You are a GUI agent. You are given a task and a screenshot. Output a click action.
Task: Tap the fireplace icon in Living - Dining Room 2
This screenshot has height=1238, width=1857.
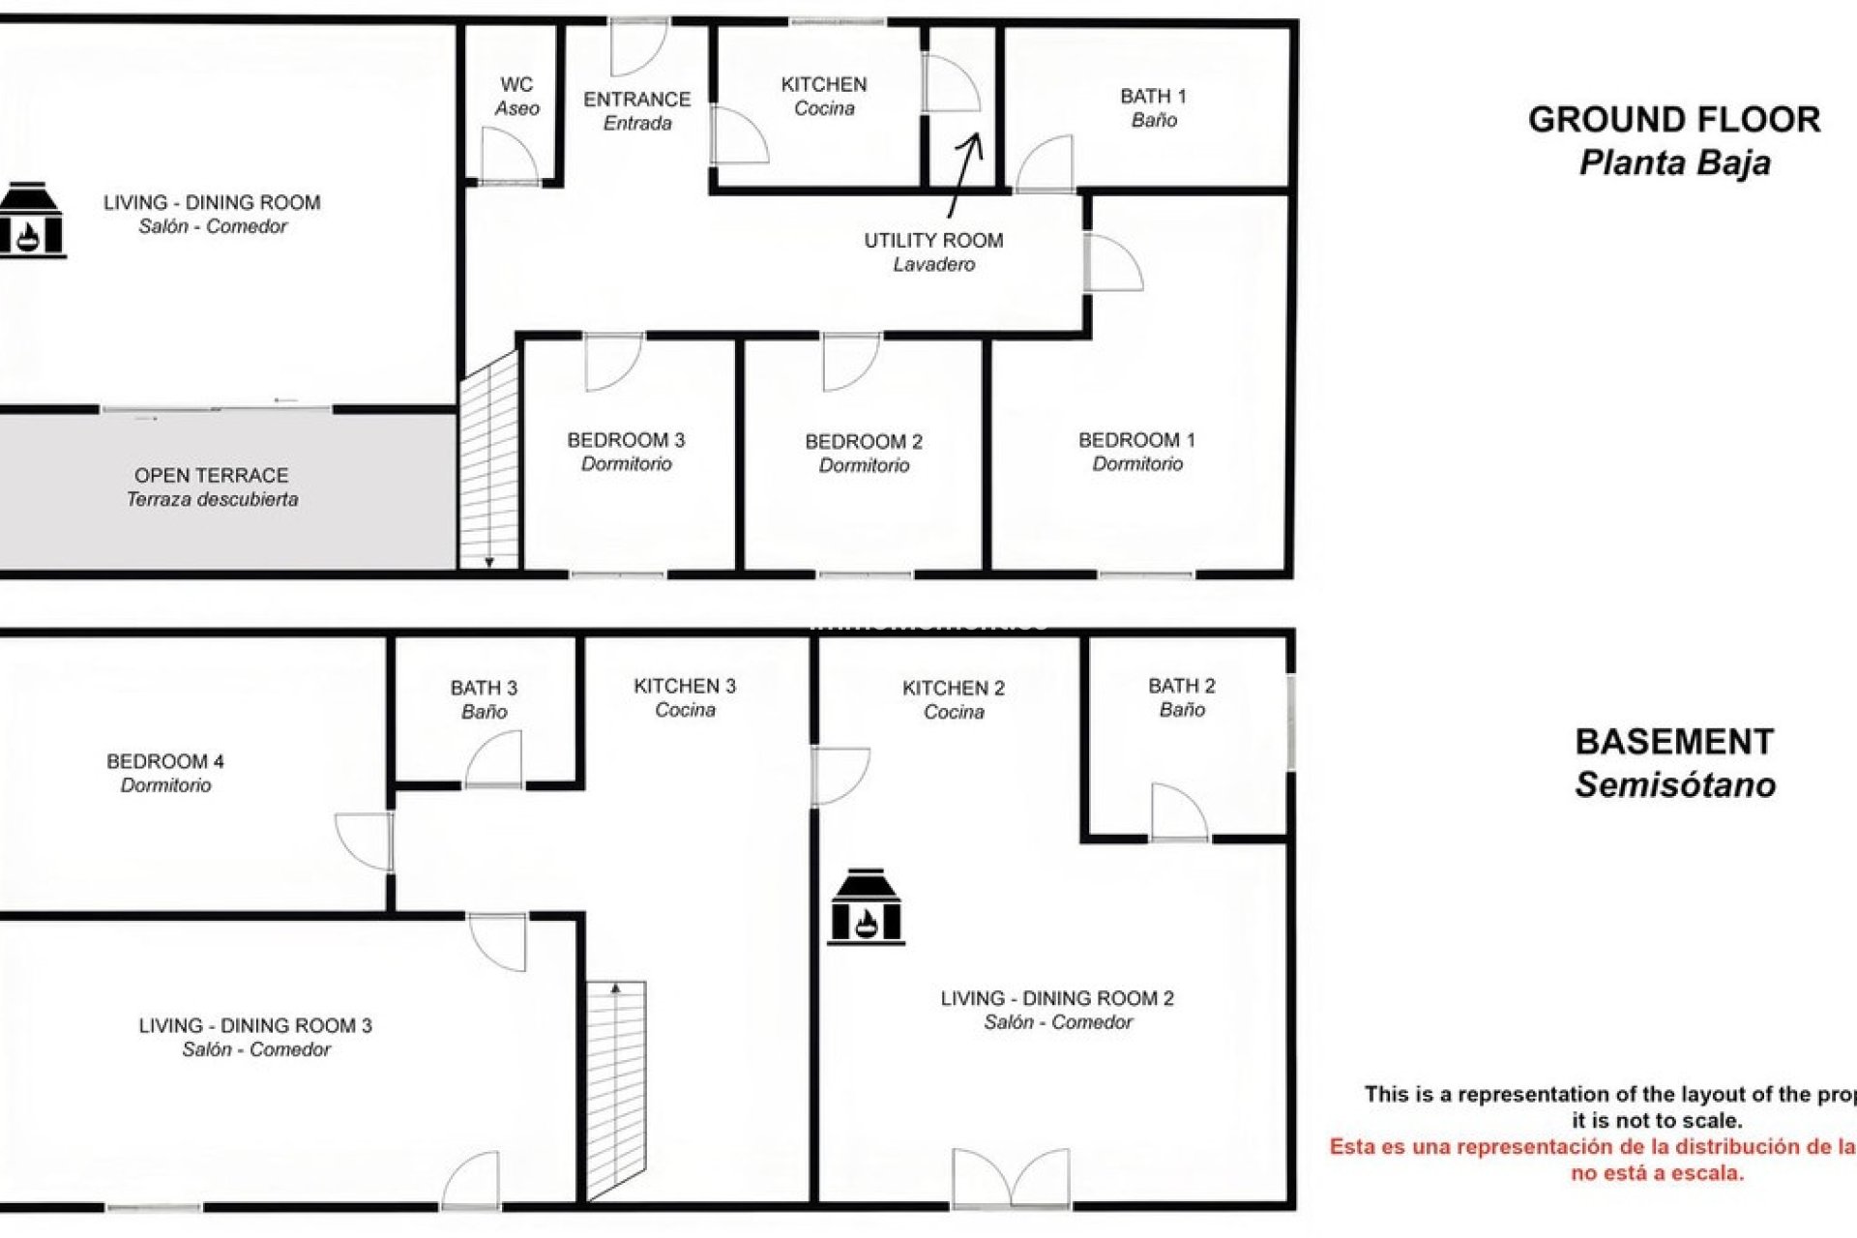(866, 906)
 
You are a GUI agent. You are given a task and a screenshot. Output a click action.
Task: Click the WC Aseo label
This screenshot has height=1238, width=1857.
(516, 97)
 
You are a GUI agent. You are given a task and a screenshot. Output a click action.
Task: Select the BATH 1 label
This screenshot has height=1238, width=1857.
(1153, 107)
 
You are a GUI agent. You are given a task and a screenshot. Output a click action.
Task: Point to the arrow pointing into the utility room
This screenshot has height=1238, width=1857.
(965, 174)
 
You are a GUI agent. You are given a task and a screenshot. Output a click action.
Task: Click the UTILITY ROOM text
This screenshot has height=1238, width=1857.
(933, 240)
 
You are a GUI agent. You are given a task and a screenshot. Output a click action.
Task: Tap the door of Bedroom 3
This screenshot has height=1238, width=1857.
(612, 362)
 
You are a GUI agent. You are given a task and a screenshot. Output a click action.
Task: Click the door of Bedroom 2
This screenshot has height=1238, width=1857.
(849, 362)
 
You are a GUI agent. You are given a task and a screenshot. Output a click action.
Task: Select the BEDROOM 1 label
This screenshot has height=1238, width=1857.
(1136, 440)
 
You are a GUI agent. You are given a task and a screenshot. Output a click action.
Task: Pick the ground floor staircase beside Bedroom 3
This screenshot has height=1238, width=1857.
(489, 464)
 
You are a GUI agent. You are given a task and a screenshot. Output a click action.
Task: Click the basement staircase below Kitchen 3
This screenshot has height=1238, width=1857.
(616, 1088)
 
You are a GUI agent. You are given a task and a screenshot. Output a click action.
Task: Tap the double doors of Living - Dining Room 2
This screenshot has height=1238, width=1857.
(1011, 1178)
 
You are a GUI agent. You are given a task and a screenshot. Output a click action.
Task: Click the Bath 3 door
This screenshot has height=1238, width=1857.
(494, 760)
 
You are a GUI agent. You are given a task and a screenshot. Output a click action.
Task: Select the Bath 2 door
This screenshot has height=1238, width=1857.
(1178, 812)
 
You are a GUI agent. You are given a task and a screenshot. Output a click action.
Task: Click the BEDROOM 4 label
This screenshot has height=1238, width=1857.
(164, 762)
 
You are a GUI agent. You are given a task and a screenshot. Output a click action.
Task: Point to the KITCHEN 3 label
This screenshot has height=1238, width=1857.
(684, 687)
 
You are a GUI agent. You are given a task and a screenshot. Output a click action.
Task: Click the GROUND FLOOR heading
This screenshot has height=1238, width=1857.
(1673, 120)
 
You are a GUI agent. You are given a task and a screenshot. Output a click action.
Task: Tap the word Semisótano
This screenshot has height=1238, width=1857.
(1674, 784)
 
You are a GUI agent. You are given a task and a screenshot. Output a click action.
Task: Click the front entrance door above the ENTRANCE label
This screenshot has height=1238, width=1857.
(638, 46)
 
